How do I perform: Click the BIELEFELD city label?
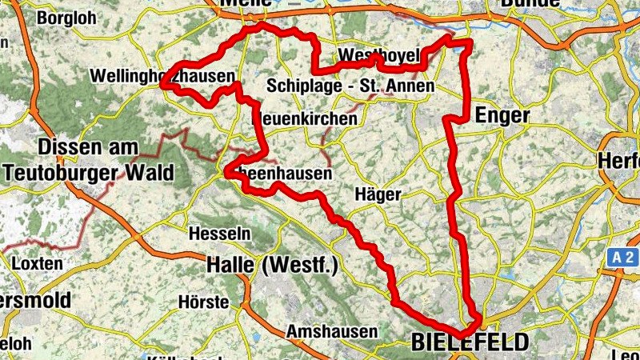click(x=470, y=342)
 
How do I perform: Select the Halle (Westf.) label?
click(x=272, y=265)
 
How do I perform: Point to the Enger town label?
click(x=502, y=116)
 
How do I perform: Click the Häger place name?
click(x=376, y=194)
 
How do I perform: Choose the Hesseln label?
click(x=219, y=234)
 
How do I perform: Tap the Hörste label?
click(x=203, y=302)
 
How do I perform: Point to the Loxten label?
click(x=38, y=263)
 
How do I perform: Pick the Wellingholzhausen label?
click(x=164, y=76)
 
